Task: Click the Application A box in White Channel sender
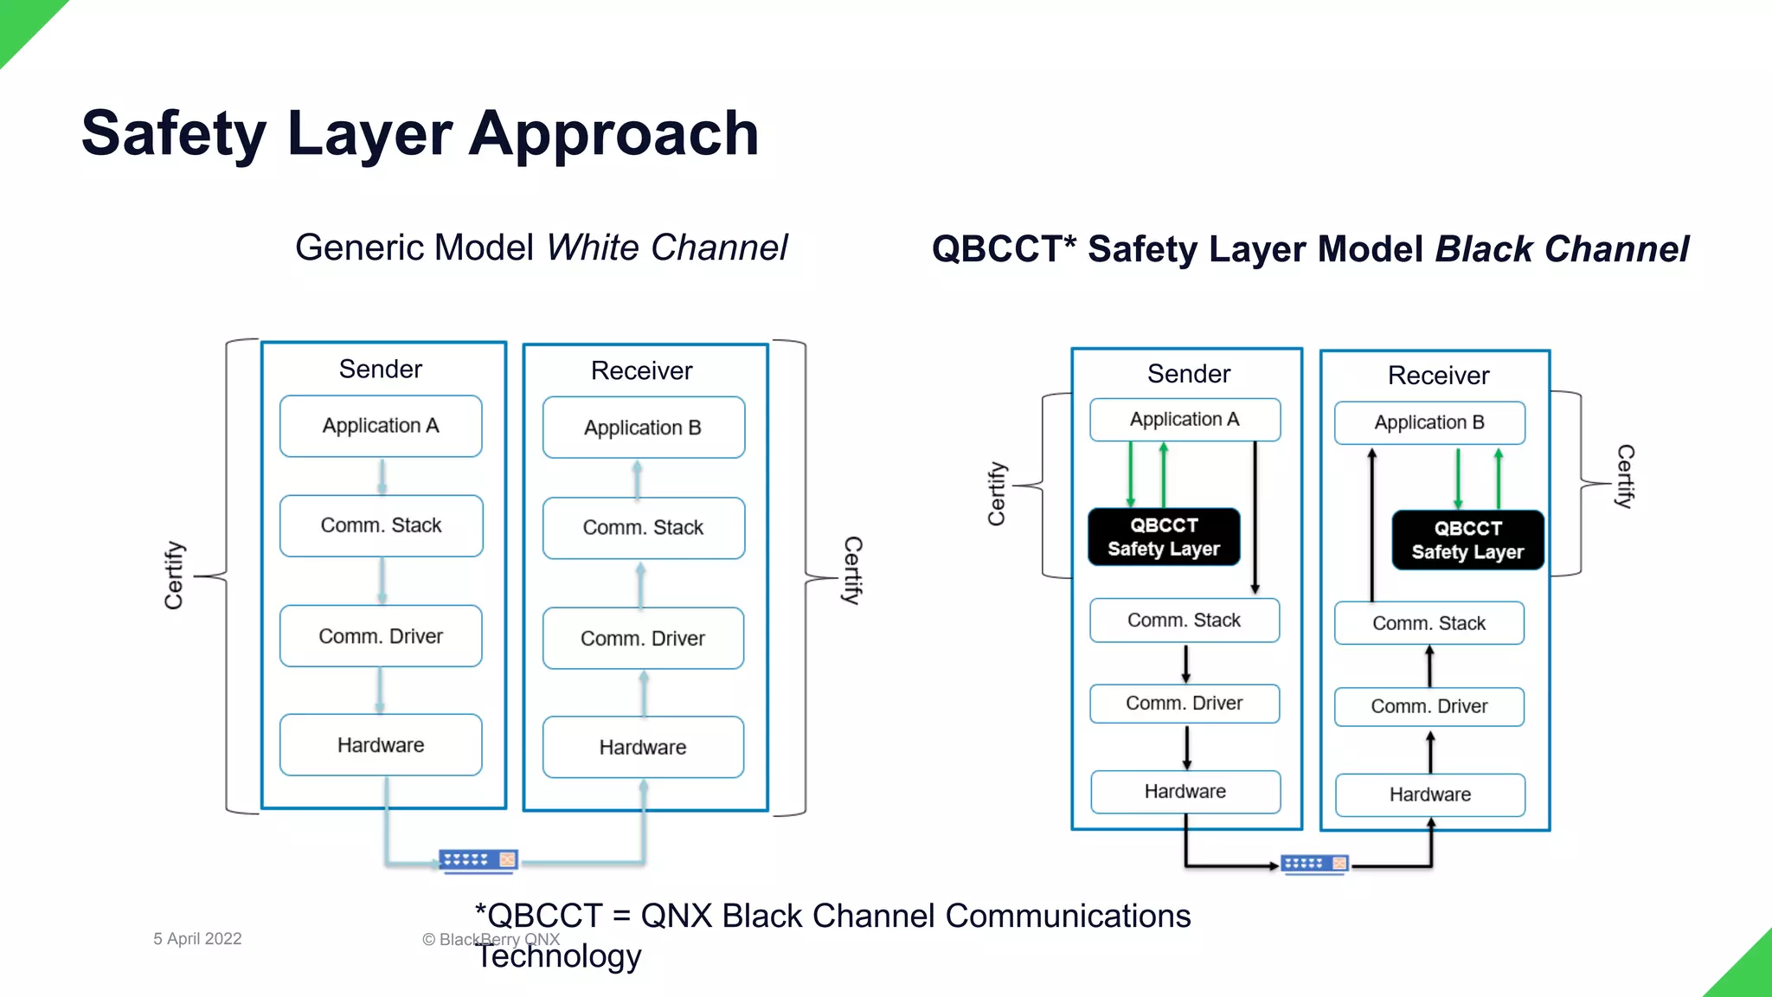pos(381,426)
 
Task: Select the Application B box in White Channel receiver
pos(643,428)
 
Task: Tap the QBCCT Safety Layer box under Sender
pos(1164,537)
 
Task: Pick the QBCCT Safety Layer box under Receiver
pos(1467,540)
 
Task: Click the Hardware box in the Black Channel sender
pos(1185,792)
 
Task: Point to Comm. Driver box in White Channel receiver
pos(643,639)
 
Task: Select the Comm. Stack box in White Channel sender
pos(381,525)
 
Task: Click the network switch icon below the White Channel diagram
pos(478,860)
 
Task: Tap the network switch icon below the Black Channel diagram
pos(1314,864)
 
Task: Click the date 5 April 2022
pos(197,939)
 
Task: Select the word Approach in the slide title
pos(614,134)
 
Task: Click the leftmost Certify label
pos(174,576)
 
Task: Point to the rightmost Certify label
pos(1625,476)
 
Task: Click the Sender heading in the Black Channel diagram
pos(1188,374)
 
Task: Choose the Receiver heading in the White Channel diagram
pos(641,370)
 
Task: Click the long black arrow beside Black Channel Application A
pos(1255,518)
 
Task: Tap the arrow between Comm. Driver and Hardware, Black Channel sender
pos(1186,747)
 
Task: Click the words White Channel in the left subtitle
pos(667,248)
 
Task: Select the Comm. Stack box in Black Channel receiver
pos(1429,623)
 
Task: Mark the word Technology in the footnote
pos(559,956)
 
